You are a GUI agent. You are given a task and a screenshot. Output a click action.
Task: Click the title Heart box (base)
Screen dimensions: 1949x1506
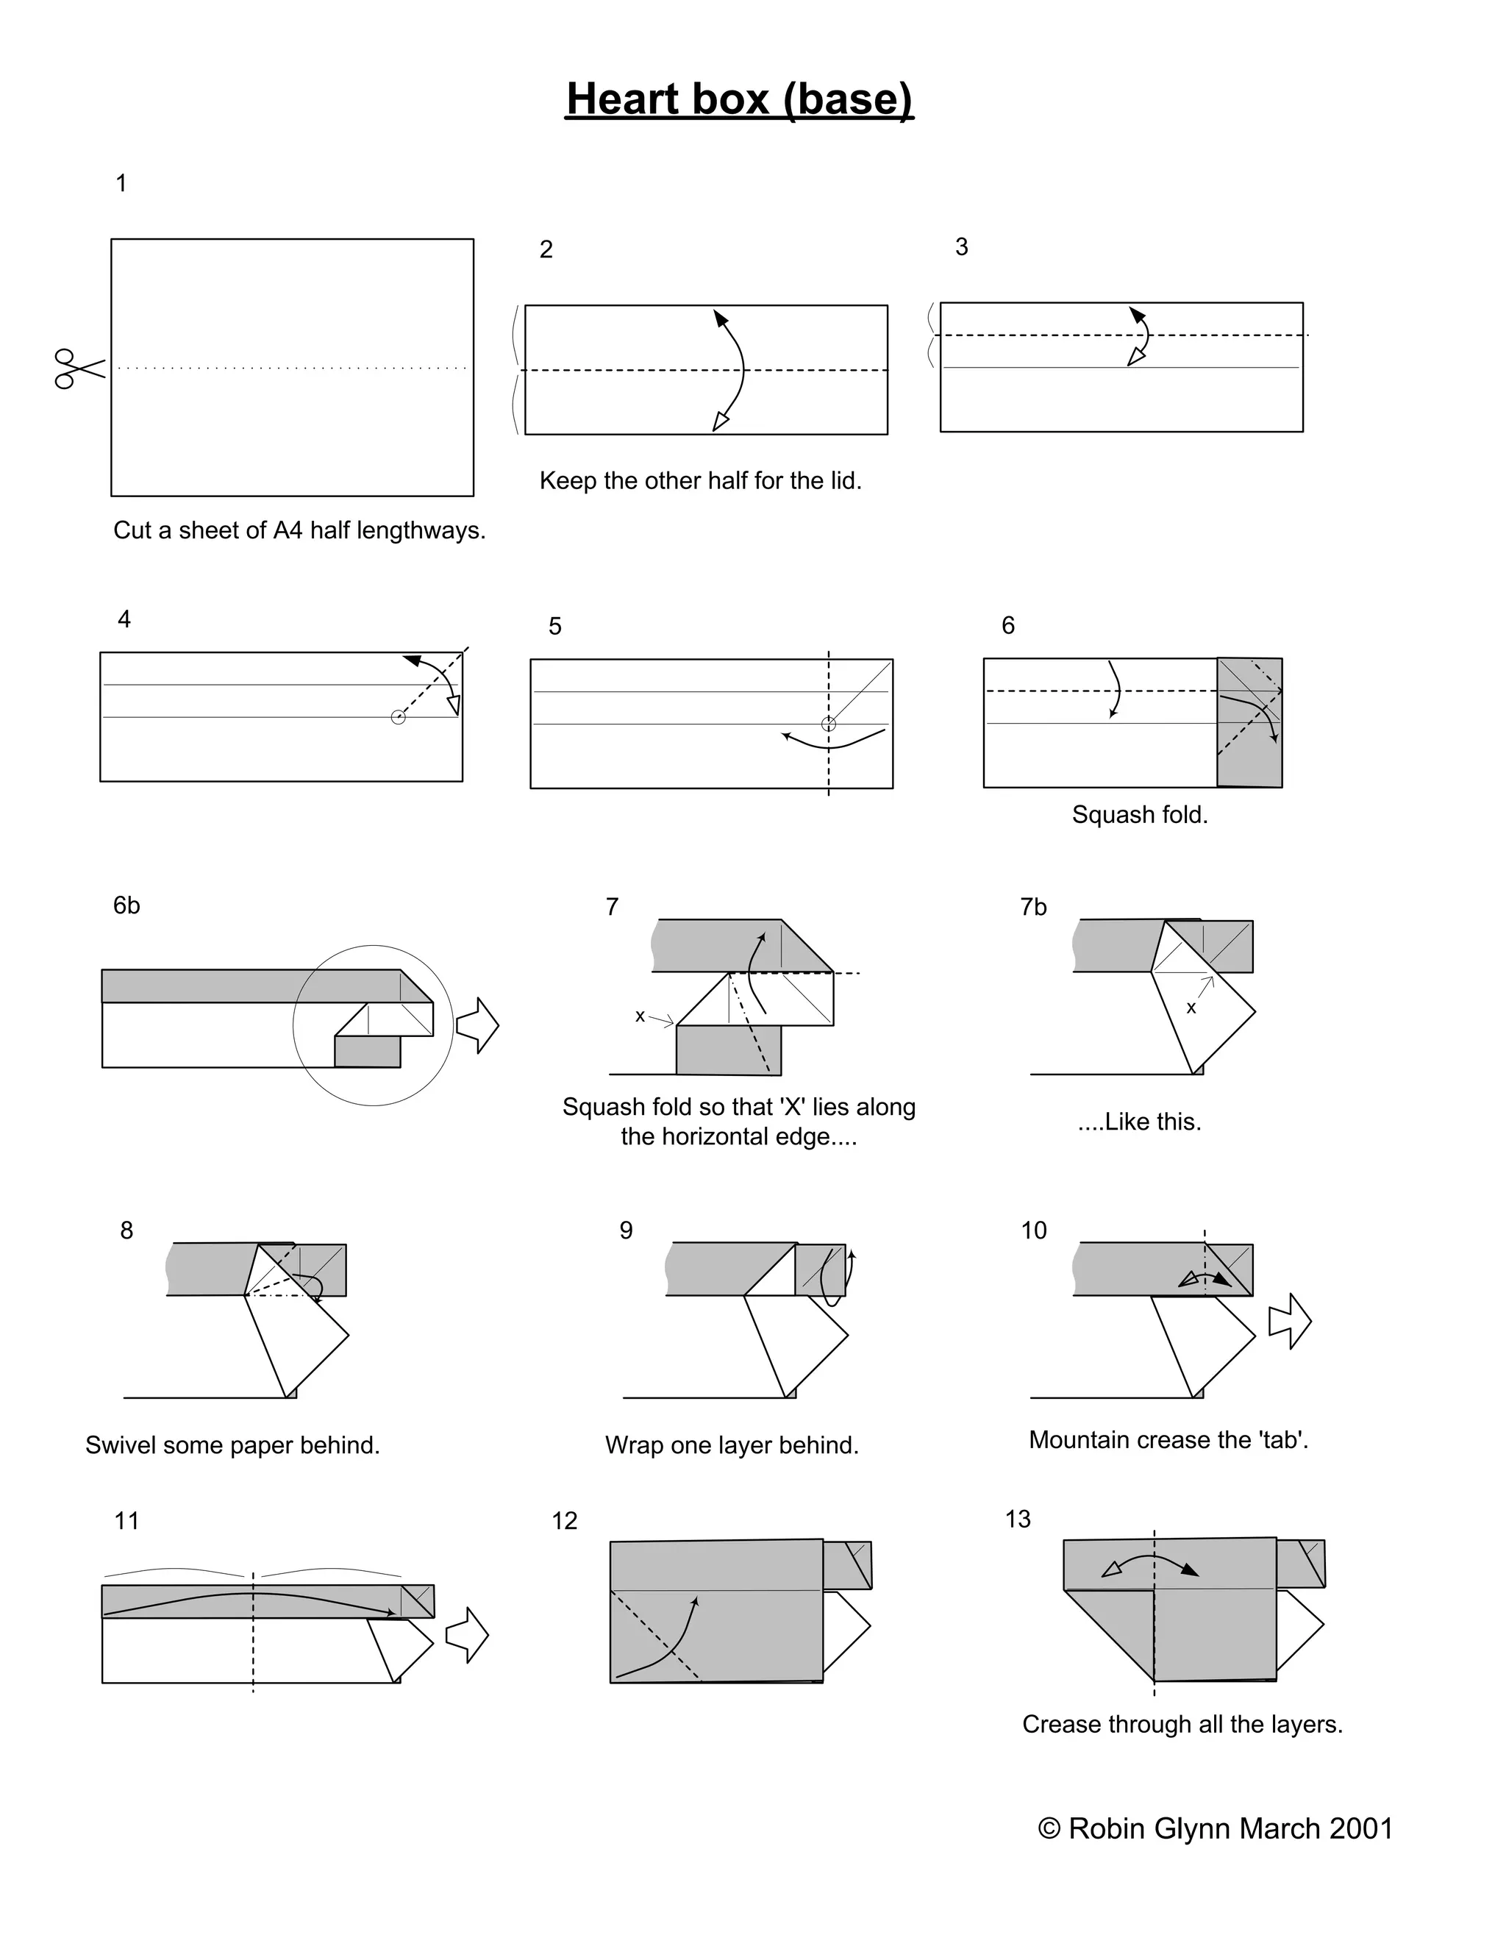740,99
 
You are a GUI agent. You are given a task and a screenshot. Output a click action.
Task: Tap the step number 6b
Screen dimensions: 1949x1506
126,906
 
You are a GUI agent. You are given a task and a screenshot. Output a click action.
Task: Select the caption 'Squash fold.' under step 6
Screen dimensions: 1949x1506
1139,815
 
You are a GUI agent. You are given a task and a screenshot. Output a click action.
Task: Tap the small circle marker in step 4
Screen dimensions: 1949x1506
398,718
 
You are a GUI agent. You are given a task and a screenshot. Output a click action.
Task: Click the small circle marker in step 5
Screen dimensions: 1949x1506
829,724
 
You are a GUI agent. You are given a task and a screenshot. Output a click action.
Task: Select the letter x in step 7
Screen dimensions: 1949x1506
640,1016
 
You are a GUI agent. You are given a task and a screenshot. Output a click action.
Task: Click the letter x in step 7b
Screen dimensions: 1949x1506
1191,1008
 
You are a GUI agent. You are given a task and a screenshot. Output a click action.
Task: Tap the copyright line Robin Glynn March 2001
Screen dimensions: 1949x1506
1215,1828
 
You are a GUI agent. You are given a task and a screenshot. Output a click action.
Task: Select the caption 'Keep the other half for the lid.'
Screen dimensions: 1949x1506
700,481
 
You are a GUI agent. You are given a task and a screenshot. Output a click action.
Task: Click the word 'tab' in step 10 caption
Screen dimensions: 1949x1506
1282,1440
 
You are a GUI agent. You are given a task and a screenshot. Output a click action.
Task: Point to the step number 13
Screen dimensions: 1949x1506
1017,1519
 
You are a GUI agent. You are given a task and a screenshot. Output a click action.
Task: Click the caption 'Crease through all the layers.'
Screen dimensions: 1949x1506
1182,1724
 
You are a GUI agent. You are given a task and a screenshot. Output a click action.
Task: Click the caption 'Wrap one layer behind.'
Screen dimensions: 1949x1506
732,1446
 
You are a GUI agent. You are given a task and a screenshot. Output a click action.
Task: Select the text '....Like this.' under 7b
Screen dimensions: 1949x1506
1139,1122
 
